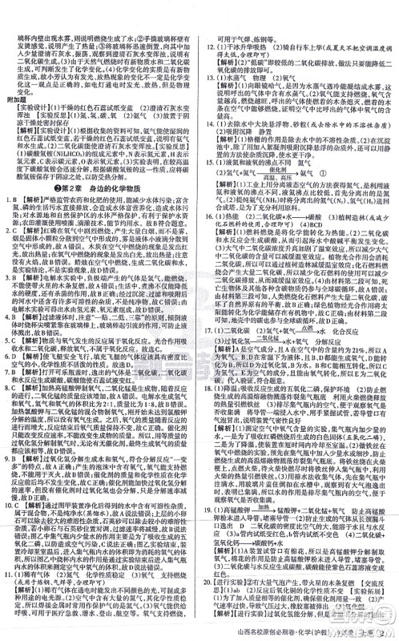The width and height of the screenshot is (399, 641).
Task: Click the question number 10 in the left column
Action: pyautogui.click(x=8, y=505)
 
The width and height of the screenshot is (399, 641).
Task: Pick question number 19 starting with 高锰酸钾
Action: pyautogui.click(x=208, y=510)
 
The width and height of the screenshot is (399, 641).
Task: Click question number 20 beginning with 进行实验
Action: pyautogui.click(x=208, y=582)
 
